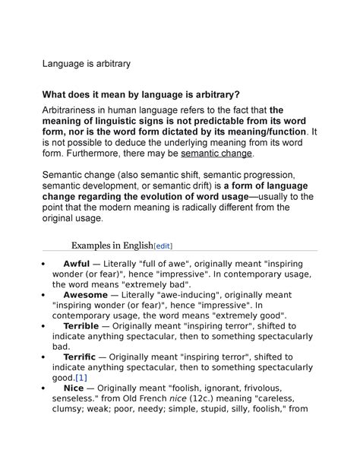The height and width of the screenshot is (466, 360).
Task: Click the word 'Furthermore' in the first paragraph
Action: click(101, 153)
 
